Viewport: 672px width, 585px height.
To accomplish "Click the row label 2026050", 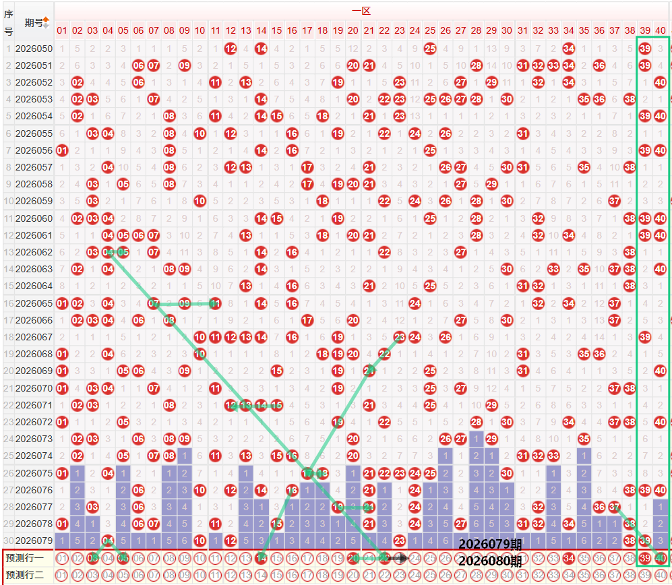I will click(33, 49).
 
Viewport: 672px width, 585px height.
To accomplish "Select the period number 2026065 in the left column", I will click(33, 304).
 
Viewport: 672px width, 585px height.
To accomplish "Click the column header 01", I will click(62, 30).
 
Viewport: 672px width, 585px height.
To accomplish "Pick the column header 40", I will click(660, 30).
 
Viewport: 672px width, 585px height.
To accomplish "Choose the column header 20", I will click(353, 30).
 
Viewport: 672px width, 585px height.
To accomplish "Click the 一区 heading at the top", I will click(361, 11).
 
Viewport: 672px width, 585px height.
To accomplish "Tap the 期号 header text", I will click(32, 23).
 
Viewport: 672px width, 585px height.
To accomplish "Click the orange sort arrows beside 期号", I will click(46, 22).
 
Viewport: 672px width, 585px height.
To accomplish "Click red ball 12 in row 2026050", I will click(231, 49).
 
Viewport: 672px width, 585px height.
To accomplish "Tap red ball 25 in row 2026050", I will click(430, 49).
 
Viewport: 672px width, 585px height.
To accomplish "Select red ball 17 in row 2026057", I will click(307, 166).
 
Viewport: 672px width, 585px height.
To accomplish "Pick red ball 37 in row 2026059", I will click(614, 201).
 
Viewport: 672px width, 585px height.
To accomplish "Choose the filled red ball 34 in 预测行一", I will click(568, 558).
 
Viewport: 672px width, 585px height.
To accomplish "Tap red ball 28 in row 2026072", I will click(476, 422).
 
